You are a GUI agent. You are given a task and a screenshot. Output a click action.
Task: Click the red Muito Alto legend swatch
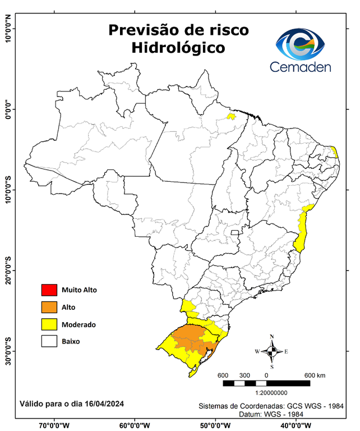coord(49,290)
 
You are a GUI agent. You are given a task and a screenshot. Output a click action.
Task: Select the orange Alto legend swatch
coord(49,307)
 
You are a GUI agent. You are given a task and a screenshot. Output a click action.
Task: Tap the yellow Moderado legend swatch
coord(49,324)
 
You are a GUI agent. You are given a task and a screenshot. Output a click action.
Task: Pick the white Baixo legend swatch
coord(49,341)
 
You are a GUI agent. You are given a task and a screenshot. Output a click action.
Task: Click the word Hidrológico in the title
coord(178,48)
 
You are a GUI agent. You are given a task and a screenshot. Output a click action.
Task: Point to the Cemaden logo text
coord(300,66)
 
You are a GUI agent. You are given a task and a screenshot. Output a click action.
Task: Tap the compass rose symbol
coord(271,351)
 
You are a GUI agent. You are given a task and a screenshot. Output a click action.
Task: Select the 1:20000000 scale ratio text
coord(271,394)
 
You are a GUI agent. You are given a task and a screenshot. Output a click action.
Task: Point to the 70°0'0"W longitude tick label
coord(54,425)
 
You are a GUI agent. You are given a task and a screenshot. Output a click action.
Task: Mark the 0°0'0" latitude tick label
coord(8,108)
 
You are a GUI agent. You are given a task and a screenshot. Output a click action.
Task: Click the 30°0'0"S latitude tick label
coord(8,351)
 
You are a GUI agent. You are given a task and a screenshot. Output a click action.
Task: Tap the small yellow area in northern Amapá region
coord(230,117)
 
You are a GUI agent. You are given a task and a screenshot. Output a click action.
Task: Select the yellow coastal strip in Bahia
coord(302,233)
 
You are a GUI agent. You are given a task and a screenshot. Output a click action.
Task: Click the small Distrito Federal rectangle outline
coord(235,231)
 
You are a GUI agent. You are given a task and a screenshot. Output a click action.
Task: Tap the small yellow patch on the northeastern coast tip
coord(334,152)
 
